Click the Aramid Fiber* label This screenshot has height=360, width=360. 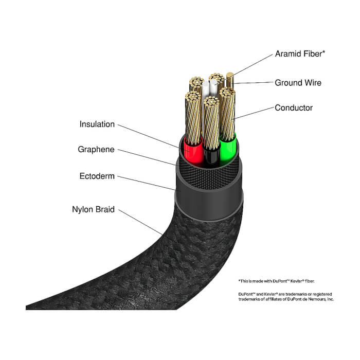coord(300,53)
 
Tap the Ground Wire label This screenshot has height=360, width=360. coord(298,83)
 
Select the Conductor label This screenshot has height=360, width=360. coord(294,107)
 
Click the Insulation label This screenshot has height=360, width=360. coord(97,124)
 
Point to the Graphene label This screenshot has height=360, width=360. coord(96,150)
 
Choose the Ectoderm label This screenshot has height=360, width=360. coord(97,176)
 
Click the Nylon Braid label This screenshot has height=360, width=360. coord(93,209)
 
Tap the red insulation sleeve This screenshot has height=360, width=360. coord(193,152)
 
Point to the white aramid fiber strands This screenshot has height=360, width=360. coord(209,88)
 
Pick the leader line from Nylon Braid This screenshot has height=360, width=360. coord(140,222)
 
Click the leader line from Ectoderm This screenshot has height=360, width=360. coord(147,183)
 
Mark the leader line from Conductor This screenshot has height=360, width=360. coord(254,113)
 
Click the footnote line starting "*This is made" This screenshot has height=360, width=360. coord(277,281)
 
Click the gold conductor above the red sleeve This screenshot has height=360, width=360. coord(193,118)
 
